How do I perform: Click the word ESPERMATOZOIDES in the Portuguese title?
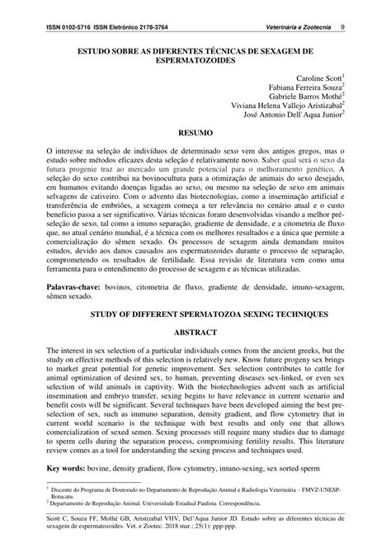tap(195, 61)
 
